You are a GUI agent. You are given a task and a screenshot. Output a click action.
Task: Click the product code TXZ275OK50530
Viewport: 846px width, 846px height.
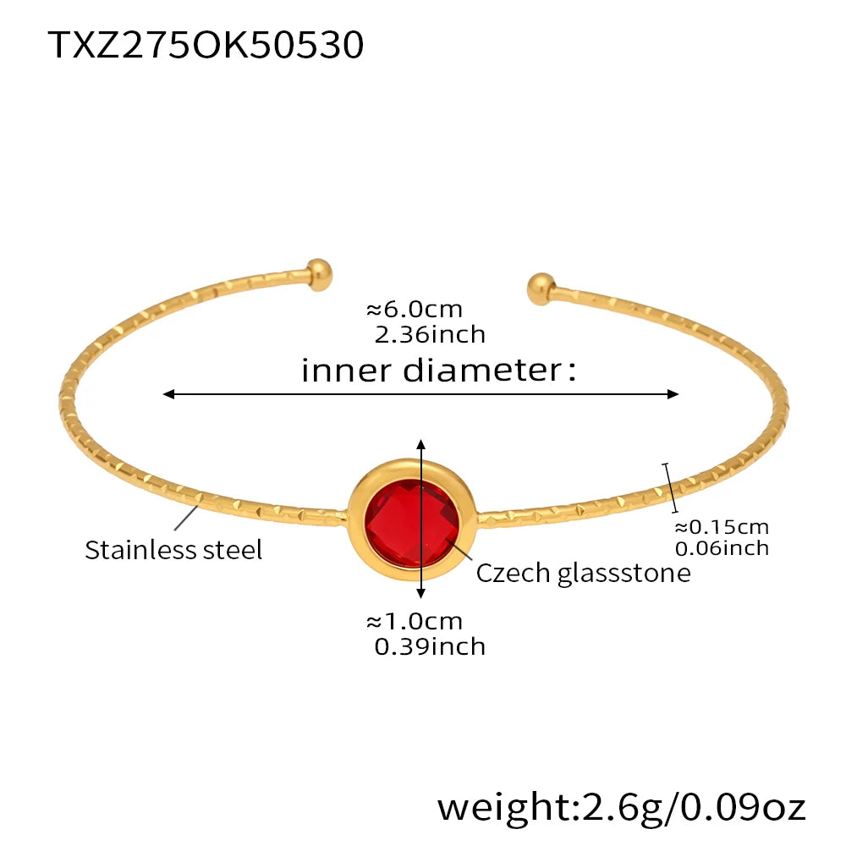point(206,44)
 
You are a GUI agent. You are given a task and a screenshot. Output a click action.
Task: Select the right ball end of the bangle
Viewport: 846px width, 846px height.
point(539,288)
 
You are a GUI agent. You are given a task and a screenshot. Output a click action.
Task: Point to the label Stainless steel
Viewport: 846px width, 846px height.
point(173,550)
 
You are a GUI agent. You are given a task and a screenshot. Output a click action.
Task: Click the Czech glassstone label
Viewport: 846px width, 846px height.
point(583,573)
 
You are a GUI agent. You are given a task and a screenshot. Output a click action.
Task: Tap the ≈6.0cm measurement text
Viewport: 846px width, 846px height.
point(415,310)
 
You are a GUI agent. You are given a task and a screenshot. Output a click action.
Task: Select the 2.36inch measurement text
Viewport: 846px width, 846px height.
point(430,334)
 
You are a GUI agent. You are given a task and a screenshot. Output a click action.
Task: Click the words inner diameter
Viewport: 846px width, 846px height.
point(438,370)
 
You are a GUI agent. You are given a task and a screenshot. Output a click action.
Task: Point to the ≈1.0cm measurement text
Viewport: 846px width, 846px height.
point(415,621)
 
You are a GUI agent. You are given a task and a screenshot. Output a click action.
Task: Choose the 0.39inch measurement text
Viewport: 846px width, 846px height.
point(430,646)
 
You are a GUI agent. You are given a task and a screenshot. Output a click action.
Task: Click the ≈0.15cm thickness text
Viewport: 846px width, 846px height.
point(721,526)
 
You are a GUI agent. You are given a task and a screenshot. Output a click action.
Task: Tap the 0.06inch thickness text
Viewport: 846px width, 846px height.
point(721,548)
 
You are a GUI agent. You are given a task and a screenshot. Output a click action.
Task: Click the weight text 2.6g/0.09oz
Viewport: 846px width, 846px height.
point(622,806)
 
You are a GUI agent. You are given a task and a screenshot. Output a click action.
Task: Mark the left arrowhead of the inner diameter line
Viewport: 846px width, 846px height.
point(169,394)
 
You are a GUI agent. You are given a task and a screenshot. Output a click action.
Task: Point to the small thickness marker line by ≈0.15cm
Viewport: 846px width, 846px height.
point(671,487)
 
